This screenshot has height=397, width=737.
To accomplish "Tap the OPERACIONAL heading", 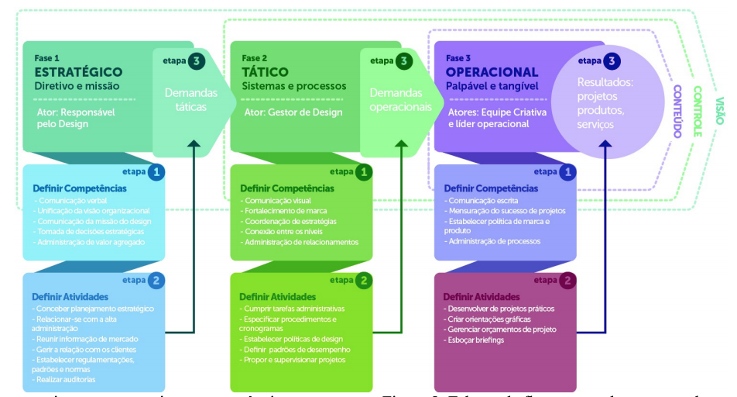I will pos(492,72).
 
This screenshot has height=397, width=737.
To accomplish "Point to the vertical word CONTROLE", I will pos(697,110).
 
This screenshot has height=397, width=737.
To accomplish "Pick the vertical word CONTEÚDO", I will pos(675,110).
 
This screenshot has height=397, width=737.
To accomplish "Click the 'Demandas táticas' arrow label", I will pos(190,100).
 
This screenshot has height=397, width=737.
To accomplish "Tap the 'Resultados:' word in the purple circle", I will pos(605,82).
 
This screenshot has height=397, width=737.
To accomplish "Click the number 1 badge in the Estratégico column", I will pos(156,172).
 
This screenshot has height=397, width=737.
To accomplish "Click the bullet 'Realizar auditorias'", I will pos(67,380).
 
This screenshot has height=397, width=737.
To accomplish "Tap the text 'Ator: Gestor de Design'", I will pos(282,112).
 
